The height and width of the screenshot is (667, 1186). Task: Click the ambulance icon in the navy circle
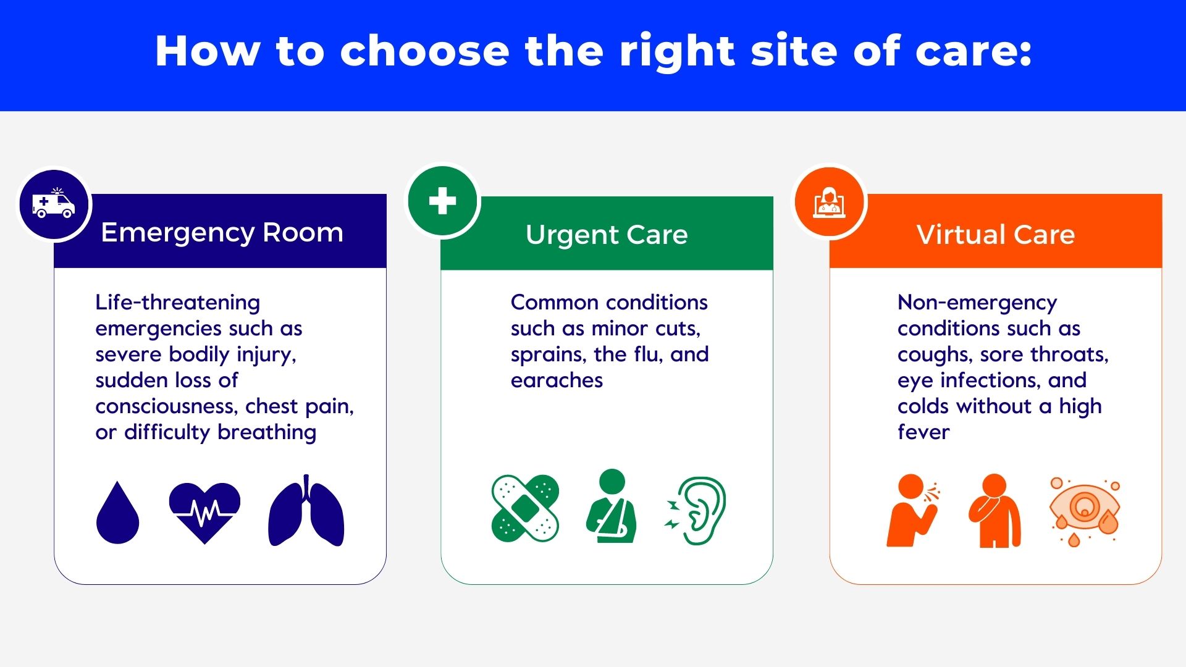54,204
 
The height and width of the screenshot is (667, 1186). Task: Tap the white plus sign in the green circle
442,201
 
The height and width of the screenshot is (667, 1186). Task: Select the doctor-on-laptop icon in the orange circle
830,203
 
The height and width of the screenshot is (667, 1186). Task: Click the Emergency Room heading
222,233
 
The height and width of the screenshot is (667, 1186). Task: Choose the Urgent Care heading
607,235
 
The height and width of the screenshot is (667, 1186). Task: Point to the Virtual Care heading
995,235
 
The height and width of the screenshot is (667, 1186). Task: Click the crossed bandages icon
525,508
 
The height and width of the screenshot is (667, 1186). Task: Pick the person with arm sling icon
612,506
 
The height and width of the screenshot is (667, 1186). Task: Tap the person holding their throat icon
995,511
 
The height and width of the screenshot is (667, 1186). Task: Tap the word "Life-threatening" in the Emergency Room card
178,303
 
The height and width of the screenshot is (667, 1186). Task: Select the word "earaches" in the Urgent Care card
557,380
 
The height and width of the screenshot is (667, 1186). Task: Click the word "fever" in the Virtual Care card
923,432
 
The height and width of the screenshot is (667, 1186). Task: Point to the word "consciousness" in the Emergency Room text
166,406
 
